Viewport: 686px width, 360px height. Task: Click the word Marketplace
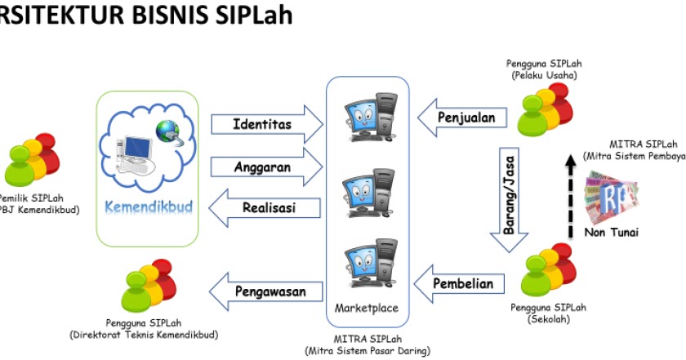click(x=367, y=309)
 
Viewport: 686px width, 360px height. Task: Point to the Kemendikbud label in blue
click(x=149, y=207)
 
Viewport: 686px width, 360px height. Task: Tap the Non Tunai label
click(x=612, y=232)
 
